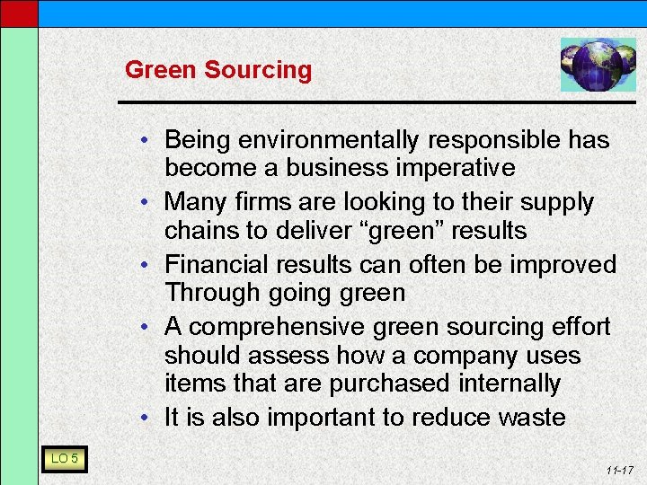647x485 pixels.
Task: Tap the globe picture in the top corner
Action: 598,65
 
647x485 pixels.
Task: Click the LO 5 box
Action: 64,460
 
